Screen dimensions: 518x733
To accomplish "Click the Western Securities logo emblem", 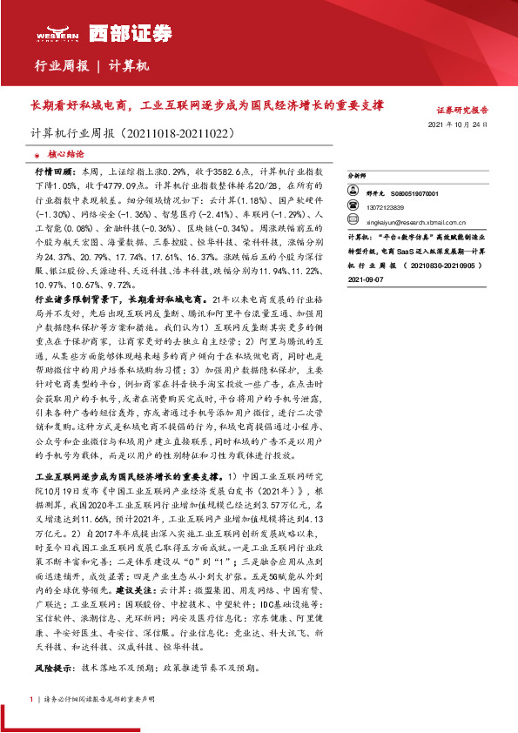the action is click(55, 29).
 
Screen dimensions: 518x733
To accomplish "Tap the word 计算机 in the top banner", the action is click(131, 66).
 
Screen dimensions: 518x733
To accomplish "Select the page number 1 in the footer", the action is click(32, 698).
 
